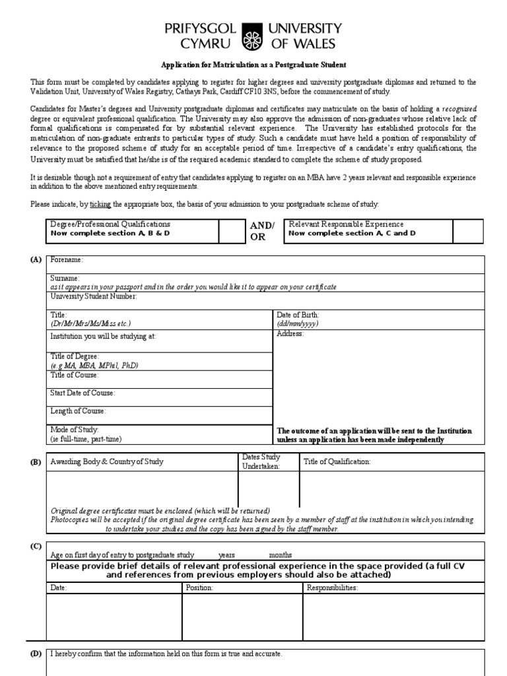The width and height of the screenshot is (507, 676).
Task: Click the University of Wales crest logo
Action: click(x=253, y=36)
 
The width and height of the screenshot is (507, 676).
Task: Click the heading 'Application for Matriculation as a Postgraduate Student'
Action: click(x=253, y=65)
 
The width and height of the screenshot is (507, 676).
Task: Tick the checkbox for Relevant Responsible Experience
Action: click(x=467, y=231)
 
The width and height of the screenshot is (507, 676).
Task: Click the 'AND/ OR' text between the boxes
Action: click(x=261, y=231)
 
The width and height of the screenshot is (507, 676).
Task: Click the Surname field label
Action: click(x=65, y=279)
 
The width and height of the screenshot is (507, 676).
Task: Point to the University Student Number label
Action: click(x=94, y=296)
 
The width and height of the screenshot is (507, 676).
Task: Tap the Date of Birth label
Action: click(x=298, y=315)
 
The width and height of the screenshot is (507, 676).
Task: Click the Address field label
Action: click(x=290, y=334)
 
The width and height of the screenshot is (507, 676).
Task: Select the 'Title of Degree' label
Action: click(x=75, y=356)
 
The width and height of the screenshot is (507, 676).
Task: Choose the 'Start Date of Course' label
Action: click(x=83, y=393)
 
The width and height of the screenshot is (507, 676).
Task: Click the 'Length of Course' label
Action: click(x=78, y=411)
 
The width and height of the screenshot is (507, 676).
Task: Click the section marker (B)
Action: click(x=36, y=462)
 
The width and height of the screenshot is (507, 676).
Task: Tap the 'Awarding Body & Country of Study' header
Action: click(x=107, y=461)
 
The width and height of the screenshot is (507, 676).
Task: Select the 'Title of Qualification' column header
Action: click(x=337, y=461)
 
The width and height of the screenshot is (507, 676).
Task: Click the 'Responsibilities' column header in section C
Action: click(x=331, y=587)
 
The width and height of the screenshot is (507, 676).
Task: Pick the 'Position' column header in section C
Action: click(x=199, y=587)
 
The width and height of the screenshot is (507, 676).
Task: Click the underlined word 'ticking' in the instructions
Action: click(x=100, y=205)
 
